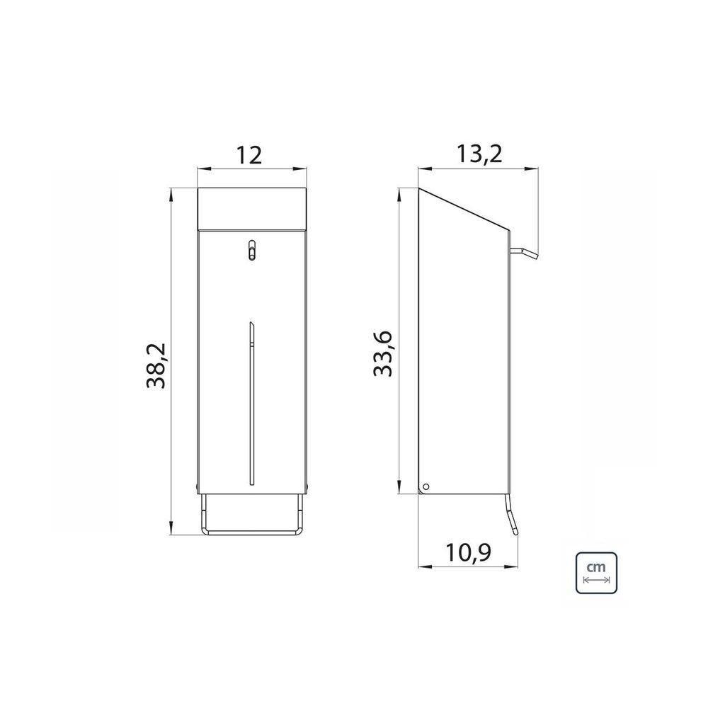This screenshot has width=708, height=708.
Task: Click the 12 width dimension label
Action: click(249, 155)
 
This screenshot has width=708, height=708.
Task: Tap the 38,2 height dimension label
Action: click(156, 366)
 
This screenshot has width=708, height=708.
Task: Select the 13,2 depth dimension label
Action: click(479, 154)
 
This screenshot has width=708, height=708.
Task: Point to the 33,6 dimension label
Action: click(383, 354)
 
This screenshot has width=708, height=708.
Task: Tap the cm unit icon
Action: click(596, 573)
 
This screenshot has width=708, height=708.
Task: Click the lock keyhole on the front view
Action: click(252, 250)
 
